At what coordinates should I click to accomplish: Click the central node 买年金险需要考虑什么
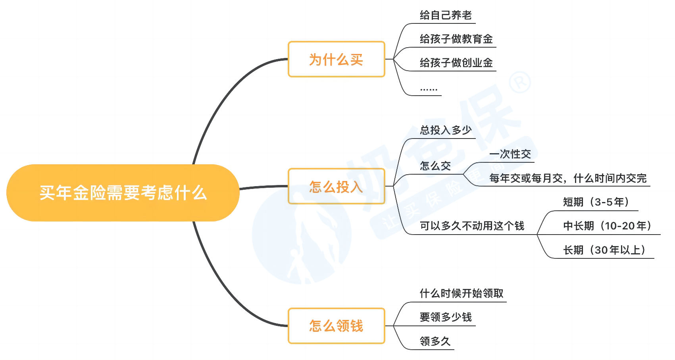pos(123,193)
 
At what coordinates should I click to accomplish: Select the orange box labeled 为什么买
pos(337,59)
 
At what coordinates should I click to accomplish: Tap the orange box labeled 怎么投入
pos(337,186)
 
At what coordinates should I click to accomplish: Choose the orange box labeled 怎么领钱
pos(337,325)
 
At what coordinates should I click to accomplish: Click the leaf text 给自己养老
pos(446,15)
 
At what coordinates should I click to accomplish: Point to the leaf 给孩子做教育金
pos(456,39)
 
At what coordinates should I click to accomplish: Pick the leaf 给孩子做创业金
pos(456,63)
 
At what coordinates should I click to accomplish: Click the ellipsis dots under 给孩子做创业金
pos(429,89)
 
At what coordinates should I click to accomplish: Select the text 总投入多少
pos(446,130)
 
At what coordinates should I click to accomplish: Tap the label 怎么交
pos(435,166)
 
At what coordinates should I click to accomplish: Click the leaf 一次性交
pos(510,154)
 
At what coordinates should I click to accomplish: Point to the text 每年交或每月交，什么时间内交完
pos(568,178)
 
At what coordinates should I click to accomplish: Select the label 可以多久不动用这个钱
pos(472,226)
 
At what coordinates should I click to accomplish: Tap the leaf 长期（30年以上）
pos(604,250)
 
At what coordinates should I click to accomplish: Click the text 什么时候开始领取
pos(462,293)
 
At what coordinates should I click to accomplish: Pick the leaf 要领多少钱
pos(446,317)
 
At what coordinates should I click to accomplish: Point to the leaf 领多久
pos(435,341)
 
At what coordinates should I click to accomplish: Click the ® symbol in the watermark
pos(520,82)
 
